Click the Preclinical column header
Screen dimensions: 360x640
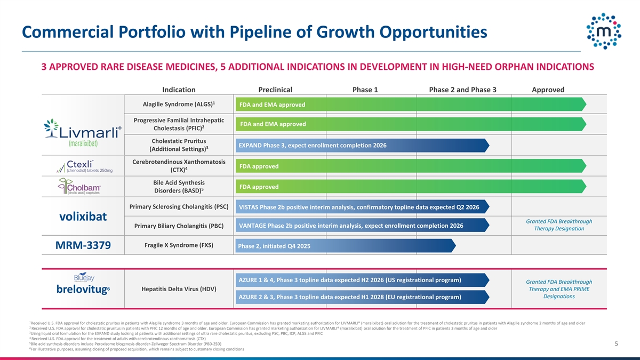click(275, 90)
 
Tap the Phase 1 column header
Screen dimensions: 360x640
click(365, 90)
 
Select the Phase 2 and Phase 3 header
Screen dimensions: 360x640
click(462, 90)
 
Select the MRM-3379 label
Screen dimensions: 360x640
click(83, 246)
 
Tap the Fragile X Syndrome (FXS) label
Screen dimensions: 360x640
click(179, 245)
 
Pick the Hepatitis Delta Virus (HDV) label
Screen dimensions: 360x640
click(179, 289)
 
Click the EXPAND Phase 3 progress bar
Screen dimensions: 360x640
click(363, 146)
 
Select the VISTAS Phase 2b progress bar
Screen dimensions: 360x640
click(363, 207)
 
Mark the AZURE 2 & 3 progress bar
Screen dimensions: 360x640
click(363, 297)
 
